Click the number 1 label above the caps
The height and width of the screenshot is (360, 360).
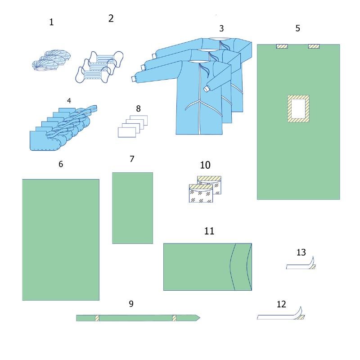(x=51, y=22)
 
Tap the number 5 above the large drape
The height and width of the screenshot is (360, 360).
(x=298, y=28)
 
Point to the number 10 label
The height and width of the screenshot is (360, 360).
(x=205, y=165)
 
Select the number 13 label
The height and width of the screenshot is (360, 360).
(x=301, y=252)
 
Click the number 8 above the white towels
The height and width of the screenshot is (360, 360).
(x=138, y=108)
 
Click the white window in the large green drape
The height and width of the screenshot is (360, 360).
(x=298, y=108)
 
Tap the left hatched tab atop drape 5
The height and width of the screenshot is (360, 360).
(x=282, y=46)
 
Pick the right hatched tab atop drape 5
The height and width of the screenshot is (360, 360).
(x=314, y=46)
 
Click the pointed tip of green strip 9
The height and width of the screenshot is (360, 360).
(x=200, y=318)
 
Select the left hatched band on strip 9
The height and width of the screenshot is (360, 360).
(x=97, y=318)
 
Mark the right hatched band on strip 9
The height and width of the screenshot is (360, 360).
(x=174, y=318)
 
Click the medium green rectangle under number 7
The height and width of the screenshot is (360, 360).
(x=132, y=208)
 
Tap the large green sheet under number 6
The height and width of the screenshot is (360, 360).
(x=61, y=240)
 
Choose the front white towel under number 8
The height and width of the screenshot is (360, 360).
(x=126, y=132)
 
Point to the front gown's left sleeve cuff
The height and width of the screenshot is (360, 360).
(x=134, y=79)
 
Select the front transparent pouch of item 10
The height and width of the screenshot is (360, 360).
(x=201, y=193)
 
